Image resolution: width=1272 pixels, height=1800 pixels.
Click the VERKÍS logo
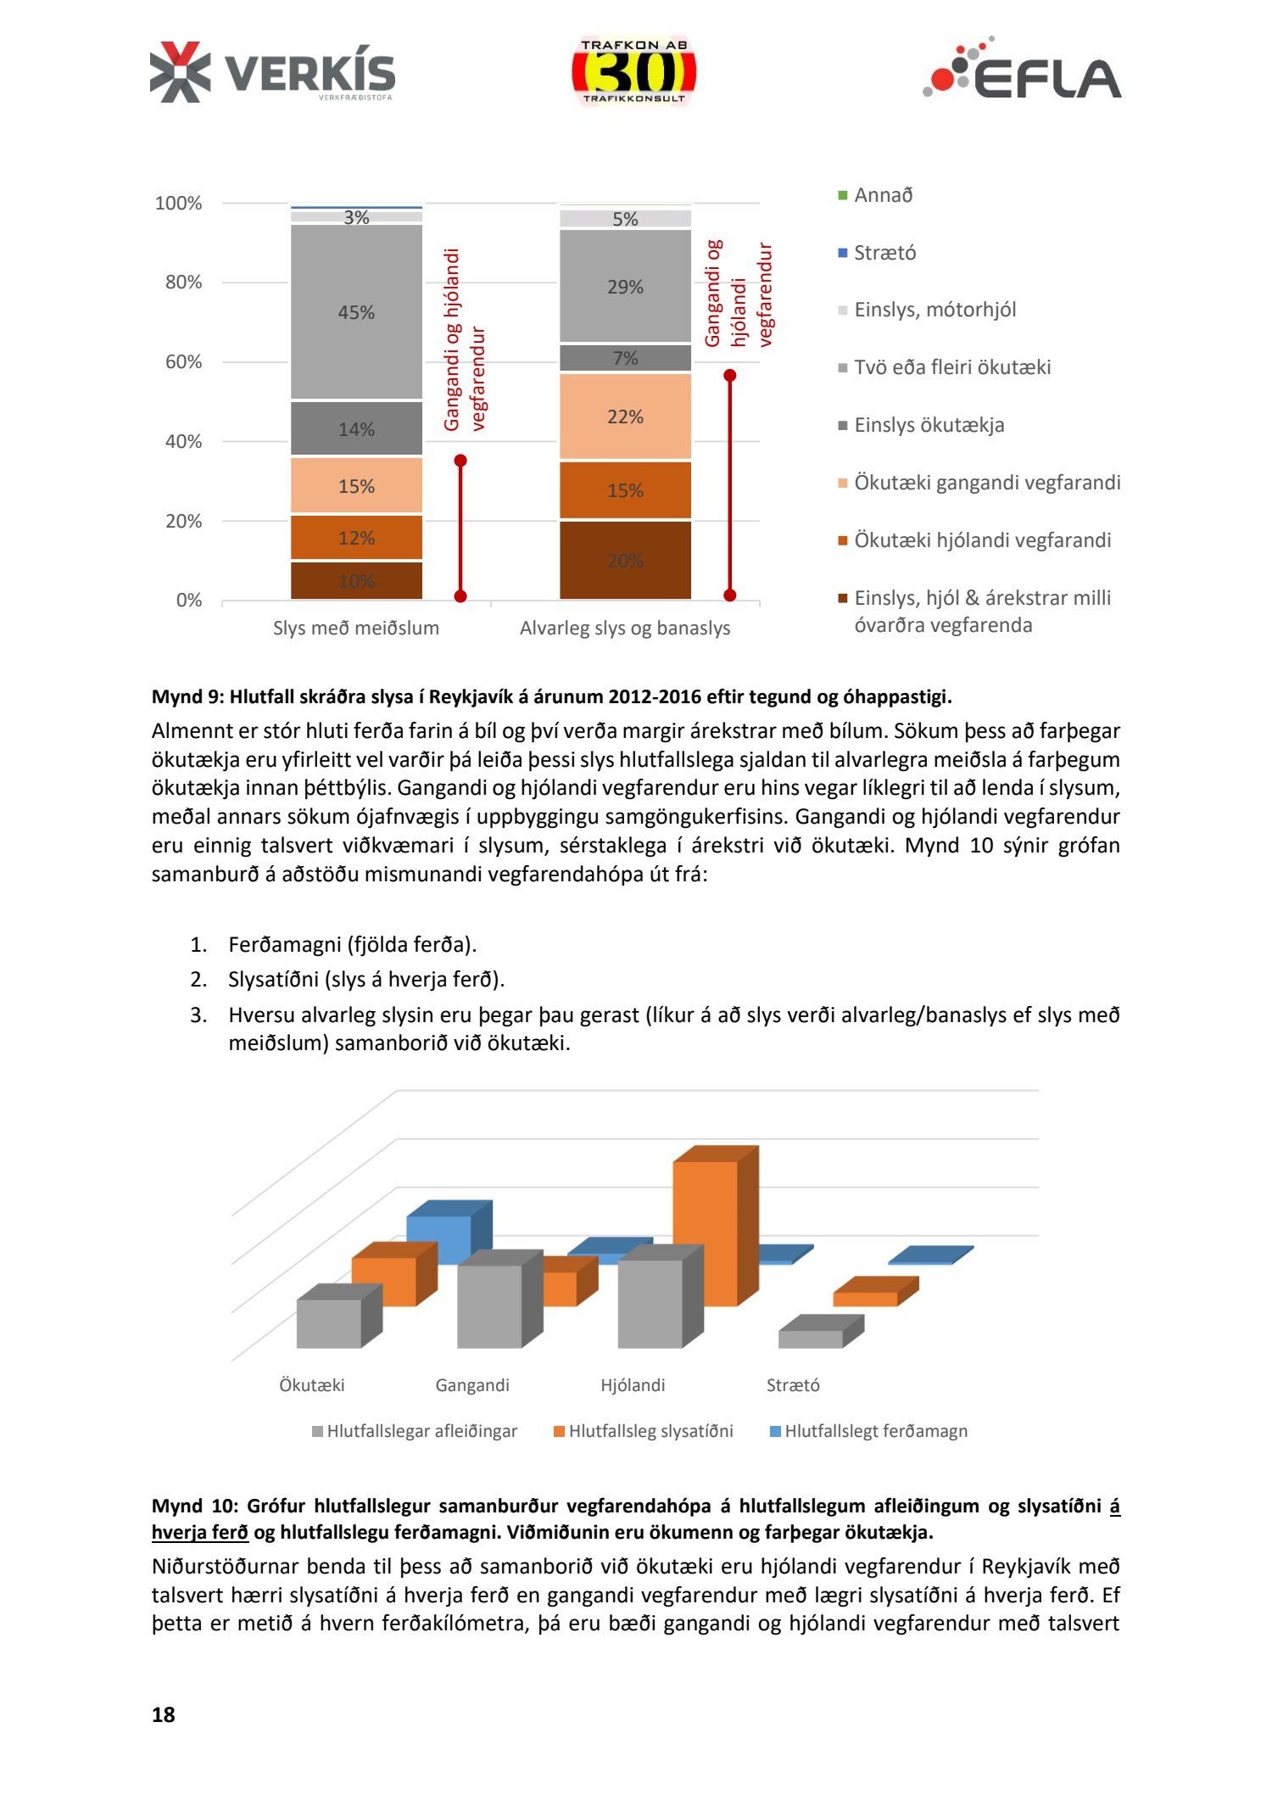[x=272, y=73]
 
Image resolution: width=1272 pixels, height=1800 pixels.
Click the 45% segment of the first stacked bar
[x=356, y=312]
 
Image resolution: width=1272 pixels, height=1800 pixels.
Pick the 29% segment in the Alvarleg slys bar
[x=625, y=287]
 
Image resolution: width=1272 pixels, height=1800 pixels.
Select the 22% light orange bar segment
[x=625, y=416]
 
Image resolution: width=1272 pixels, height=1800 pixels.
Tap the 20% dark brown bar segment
[x=625, y=560]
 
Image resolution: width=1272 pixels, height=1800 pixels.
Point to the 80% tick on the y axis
[x=183, y=282]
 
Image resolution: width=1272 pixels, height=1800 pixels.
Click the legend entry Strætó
[x=884, y=253]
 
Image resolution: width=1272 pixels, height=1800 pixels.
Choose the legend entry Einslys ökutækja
[x=929, y=425]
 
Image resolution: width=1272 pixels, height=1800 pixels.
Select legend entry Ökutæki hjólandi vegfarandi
[x=982, y=540]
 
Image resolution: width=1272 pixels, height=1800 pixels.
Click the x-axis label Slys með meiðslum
[x=356, y=629]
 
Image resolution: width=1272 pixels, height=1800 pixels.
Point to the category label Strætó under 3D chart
[x=793, y=1385]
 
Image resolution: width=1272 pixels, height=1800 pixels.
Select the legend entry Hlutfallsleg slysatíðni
[x=650, y=1431]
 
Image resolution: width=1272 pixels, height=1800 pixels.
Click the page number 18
[x=163, y=1714]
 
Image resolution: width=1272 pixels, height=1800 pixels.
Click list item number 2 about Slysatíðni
[x=366, y=980]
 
